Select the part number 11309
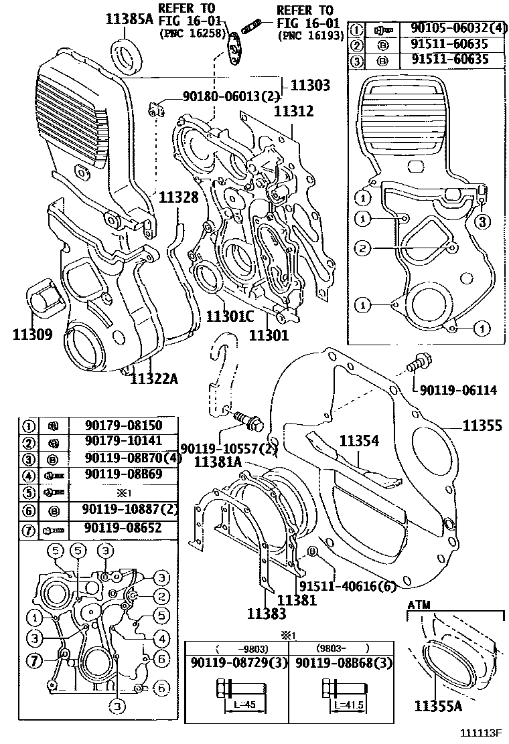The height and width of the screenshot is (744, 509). pyautogui.click(x=32, y=334)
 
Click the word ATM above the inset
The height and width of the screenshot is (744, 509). pyautogui.click(x=419, y=605)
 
